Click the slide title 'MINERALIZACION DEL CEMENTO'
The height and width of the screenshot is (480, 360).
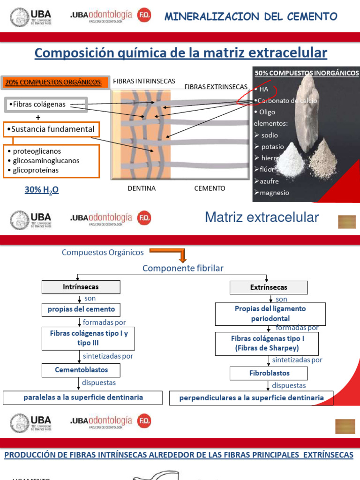(x=251, y=17)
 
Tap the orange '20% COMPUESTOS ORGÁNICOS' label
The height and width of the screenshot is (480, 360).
(x=52, y=82)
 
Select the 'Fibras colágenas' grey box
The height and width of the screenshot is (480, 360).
(x=46, y=105)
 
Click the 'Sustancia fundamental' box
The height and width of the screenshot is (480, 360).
(x=51, y=129)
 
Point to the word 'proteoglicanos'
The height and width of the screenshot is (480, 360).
(x=37, y=151)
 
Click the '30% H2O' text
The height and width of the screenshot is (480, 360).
(x=42, y=190)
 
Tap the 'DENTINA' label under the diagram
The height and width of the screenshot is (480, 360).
(x=142, y=188)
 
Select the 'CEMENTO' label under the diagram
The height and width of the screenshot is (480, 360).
(x=210, y=188)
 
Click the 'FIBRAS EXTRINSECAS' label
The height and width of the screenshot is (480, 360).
(x=216, y=87)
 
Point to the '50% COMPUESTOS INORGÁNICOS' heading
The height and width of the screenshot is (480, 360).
(x=307, y=73)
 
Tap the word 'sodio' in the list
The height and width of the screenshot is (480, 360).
(x=270, y=135)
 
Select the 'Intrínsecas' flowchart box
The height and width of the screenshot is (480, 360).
(x=81, y=287)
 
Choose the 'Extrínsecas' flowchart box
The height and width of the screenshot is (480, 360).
(x=268, y=287)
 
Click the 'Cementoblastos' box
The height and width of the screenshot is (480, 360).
(x=82, y=370)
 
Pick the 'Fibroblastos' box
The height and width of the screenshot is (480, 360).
(x=269, y=374)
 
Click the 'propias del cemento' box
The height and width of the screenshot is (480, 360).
(x=81, y=310)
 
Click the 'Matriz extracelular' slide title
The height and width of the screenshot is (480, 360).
(x=262, y=217)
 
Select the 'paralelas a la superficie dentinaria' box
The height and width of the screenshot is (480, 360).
(x=83, y=397)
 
